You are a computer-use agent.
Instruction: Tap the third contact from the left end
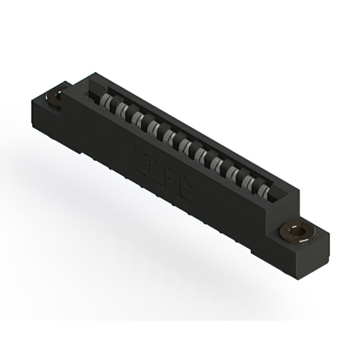(x=137, y=120)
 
